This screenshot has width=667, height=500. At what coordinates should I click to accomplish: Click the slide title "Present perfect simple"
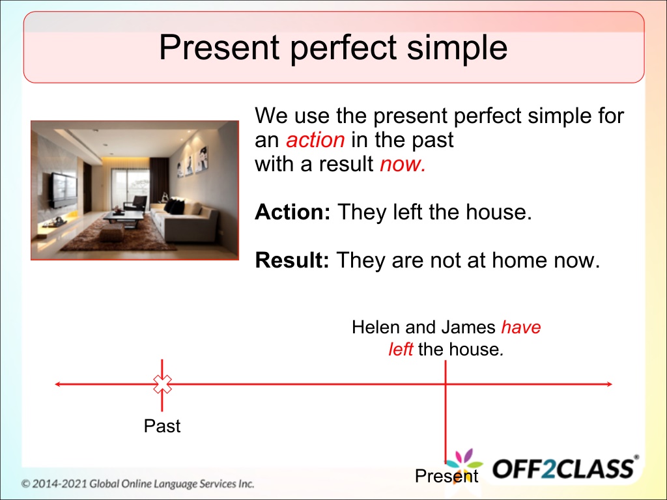click(x=333, y=47)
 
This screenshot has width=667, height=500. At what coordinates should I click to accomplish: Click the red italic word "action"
click(x=315, y=140)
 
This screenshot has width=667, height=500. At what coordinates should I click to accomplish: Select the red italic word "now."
click(x=403, y=164)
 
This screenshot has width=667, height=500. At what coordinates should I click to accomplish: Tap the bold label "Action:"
click(x=292, y=212)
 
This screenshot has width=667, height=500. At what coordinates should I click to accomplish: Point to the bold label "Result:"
click(x=292, y=260)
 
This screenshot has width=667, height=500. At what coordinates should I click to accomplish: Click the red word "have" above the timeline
click(x=521, y=327)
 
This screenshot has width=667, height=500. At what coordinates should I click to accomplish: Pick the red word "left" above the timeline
click(x=401, y=350)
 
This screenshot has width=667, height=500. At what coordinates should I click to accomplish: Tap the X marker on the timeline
click(x=162, y=384)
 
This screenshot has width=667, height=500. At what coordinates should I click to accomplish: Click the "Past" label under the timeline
click(x=162, y=426)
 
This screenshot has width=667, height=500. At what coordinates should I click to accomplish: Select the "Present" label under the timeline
click(x=447, y=476)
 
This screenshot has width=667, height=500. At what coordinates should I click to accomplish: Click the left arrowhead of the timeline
click(x=58, y=384)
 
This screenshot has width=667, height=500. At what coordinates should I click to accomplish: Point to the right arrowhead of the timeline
click(x=609, y=384)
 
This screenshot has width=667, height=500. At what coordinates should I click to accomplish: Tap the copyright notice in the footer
click(x=137, y=484)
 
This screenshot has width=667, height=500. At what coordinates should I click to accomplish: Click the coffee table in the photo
click(x=123, y=217)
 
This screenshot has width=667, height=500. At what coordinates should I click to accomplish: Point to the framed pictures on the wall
click(x=193, y=162)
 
